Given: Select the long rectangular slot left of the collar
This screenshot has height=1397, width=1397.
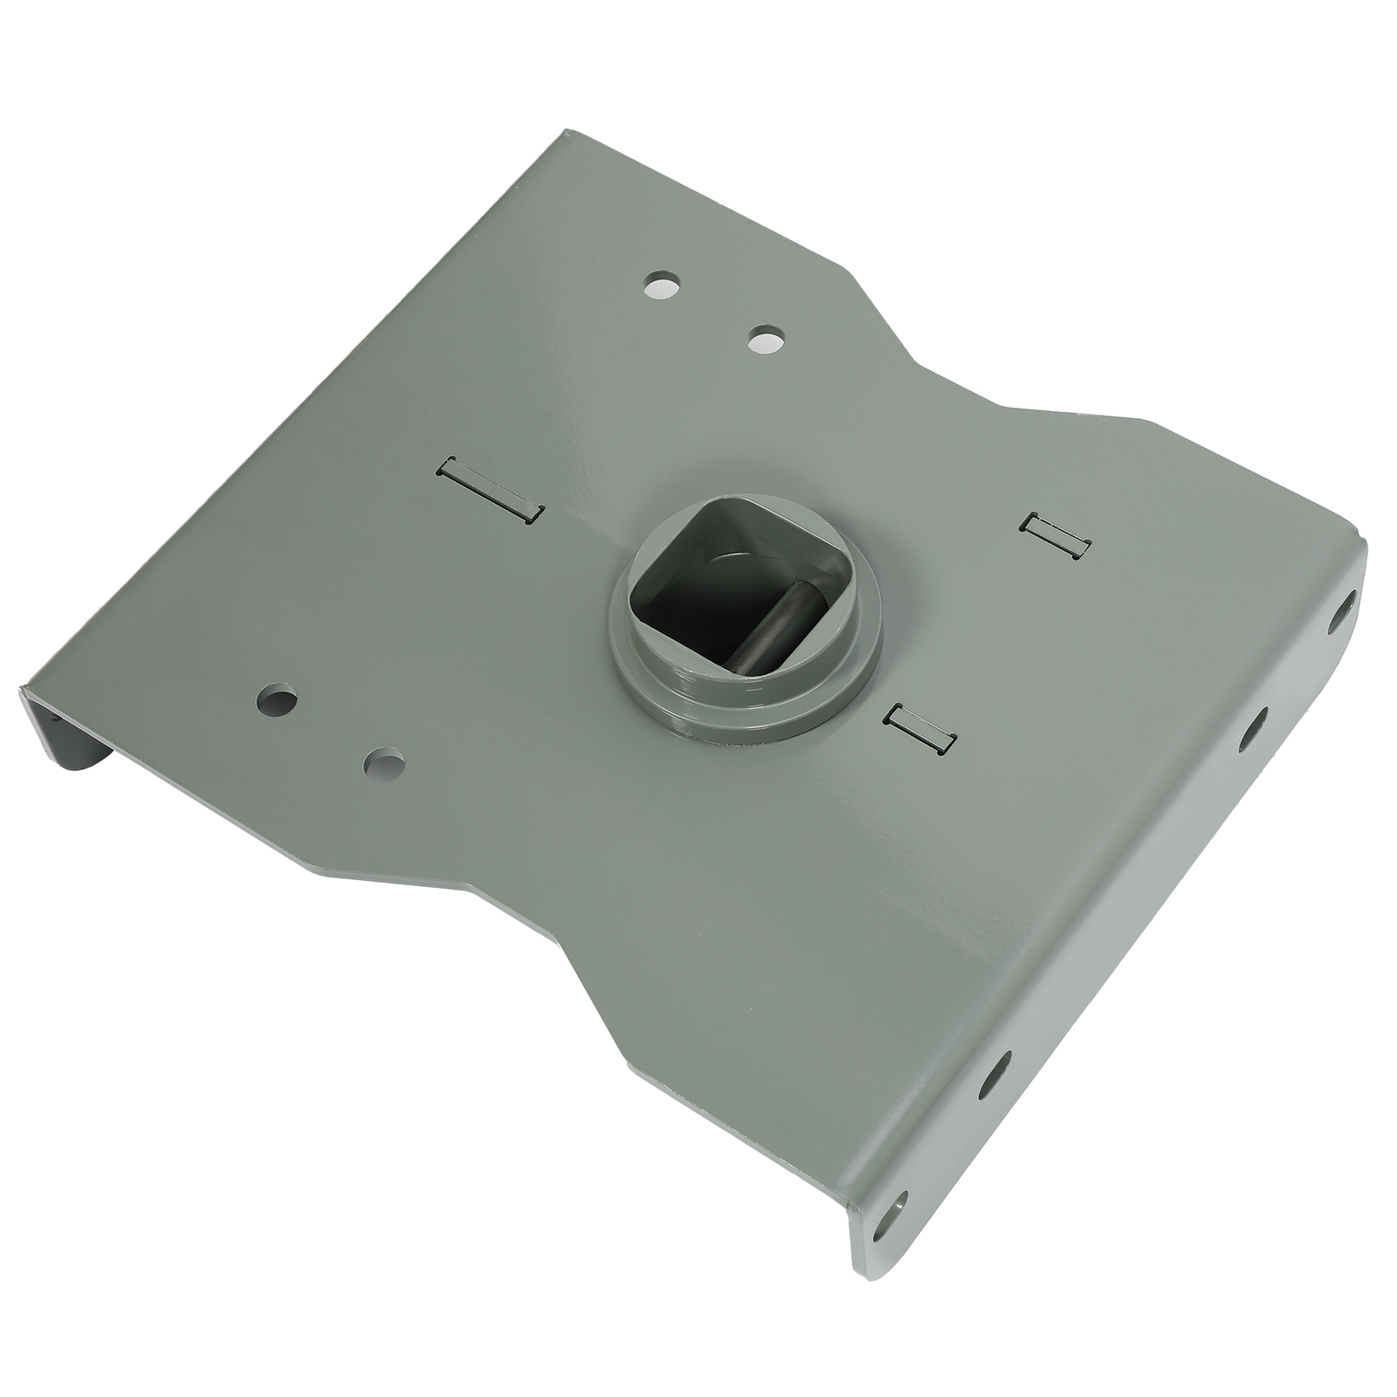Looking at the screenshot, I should (x=490, y=491).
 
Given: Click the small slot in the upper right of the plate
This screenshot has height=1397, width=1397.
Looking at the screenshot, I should (x=1056, y=534).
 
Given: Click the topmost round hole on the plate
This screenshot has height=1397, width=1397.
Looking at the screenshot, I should (x=662, y=285).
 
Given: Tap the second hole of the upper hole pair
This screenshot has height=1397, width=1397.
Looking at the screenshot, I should (x=766, y=338).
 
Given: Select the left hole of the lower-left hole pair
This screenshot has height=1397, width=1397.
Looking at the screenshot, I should (x=278, y=699).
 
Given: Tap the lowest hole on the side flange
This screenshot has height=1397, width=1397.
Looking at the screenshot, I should (x=889, y=1215).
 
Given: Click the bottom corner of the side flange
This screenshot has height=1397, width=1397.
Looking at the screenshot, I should (x=860, y=1275).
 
